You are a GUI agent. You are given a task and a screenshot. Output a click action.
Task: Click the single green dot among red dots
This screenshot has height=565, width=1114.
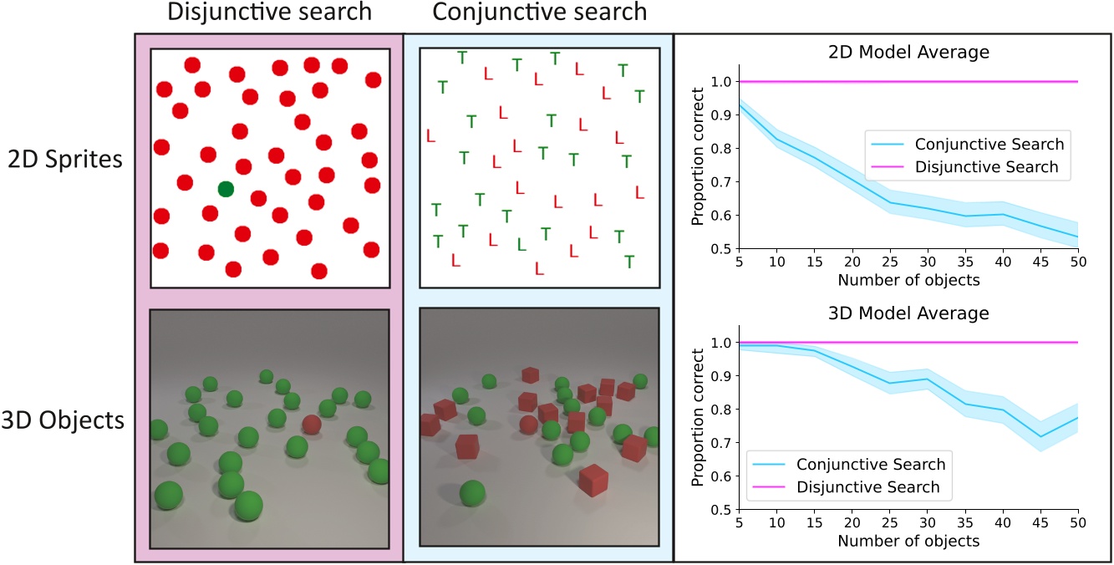pyautogui.click(x=225, y=189)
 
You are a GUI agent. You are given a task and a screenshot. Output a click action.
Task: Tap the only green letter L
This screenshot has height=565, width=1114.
pyautogui.click(x=521, y=244)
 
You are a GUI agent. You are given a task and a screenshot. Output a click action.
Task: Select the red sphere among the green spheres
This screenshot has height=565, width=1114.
pyautogui.click(x=311, y=425)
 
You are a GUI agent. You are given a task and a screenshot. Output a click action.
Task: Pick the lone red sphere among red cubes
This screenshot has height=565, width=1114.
pyautogui.click(x=528, y=425)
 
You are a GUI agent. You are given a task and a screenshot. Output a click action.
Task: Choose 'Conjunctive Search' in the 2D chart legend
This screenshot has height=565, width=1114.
pyautogui.click(x=989, y=143)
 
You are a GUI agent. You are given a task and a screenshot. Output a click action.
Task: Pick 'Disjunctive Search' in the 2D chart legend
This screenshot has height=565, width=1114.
pyautogui.click(x=987, y=167)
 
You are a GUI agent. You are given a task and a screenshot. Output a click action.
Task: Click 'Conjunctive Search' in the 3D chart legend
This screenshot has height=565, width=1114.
pyautogui.click(x=871, y=464)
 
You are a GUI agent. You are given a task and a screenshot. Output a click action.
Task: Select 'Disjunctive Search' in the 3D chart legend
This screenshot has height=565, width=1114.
pyautogui.click(x=868, y=487)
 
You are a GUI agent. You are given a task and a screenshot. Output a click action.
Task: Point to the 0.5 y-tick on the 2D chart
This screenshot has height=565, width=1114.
pyautogui.click(x=719, y=248)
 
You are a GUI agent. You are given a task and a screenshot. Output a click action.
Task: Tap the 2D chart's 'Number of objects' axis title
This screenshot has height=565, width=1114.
pyautogui.click(x=908, y=280)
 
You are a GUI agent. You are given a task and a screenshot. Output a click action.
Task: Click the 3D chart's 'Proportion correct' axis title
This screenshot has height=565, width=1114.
pyautogui.click(x=698, y=426)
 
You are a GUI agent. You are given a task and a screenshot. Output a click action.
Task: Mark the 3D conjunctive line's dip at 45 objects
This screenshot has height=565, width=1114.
pyautogui.click(x=1038, y=436)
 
